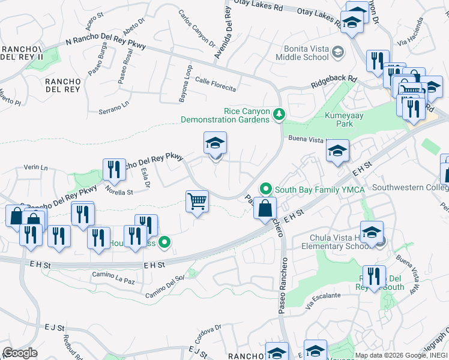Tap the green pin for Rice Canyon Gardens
279,113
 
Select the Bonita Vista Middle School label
302,53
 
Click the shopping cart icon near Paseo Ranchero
196,202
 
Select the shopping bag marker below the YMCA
265,209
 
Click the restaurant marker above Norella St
113,169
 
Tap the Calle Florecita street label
215,85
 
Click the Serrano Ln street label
114,106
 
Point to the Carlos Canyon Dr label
197,28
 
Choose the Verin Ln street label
35,167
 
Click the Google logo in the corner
20,353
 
